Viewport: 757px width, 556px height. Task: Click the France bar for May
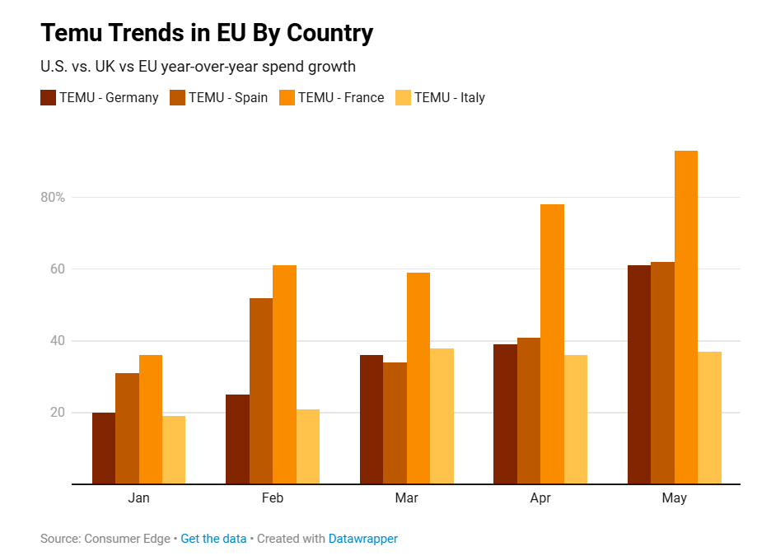(x=686, y=317)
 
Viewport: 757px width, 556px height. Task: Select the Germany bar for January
(x=104, y=448)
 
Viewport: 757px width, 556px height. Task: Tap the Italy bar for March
(x=442, y=416)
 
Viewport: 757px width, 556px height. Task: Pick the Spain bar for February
(x=261, y=391)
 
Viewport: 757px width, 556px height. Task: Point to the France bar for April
(x=552, y=344)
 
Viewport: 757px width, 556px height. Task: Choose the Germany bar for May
(x=639, y=375)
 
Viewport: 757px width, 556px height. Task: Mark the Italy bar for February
(x=308, y=446)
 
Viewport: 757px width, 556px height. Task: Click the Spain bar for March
(x=395, y=423)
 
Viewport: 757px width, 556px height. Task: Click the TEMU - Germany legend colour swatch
(x=49, y=97)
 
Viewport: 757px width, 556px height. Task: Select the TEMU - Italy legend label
(x=450, y=97)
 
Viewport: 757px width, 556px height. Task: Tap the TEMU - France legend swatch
(x=287, y=97)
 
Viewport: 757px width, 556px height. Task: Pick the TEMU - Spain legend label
(x=228, y=97)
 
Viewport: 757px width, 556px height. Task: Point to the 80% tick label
(x=53, y=197)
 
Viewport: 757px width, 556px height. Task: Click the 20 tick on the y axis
(x=58, y=412)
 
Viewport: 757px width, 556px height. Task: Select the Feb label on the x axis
(x=273, y=498)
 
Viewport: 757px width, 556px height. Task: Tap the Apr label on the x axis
(x=540, y=498)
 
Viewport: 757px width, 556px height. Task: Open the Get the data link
(x=213, y=539)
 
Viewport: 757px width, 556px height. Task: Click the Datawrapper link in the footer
(x=363, y=539)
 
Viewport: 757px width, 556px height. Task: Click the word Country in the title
(x=329, y=33)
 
